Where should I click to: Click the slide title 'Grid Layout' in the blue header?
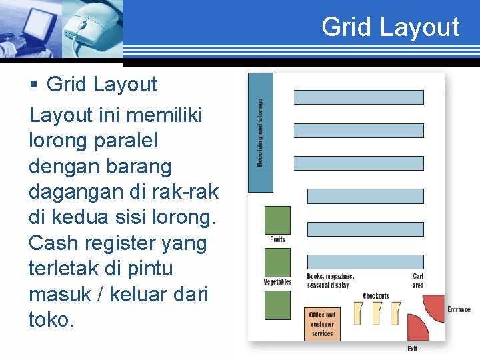[x=390, y=27]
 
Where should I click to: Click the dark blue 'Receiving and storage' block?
[x=260, y=133]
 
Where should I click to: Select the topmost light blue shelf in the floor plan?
[x=358, y=97]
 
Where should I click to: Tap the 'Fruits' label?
[x=278, y=239]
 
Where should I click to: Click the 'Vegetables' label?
[x=277, y=282]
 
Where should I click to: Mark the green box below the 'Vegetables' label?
[x=278, y=305]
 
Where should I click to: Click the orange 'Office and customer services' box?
[x=322, y=324]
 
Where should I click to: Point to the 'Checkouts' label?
[x=376, y=296]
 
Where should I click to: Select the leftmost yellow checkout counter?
[x=357, y=313]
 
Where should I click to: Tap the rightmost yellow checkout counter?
[x=396, y=313]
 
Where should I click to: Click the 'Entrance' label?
[x=459, y=309]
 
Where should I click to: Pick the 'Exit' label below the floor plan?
[x=413, y=349]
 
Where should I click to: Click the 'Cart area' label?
[x=418, y=281]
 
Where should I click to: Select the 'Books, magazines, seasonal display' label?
[x=331, y=281]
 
